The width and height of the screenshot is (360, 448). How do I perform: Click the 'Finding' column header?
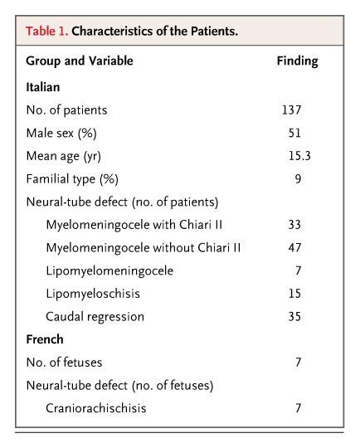296,61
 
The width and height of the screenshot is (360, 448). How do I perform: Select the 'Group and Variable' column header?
79,61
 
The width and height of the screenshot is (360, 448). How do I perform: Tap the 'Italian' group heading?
42,85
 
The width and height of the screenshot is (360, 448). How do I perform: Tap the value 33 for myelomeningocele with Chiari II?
295,224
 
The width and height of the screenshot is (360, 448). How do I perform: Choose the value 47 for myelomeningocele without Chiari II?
295,247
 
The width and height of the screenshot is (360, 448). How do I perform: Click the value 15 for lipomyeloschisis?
295,294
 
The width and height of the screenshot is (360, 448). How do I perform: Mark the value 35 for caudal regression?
295,317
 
